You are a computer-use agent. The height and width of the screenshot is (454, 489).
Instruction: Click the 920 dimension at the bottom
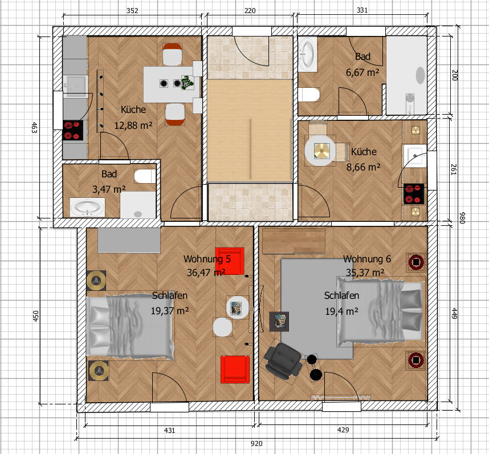[x=256, y=444]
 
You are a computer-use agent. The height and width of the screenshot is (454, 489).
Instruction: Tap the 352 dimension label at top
[x=132, y=11]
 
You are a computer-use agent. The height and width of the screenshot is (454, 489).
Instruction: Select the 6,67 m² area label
[x=362, y=72]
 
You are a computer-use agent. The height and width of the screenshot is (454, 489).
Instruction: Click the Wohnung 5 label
[x=207, y=259]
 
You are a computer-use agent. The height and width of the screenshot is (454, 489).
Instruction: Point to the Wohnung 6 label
[x=367, y=259]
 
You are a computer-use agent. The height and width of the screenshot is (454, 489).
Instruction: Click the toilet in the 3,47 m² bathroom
[x=145, y=176]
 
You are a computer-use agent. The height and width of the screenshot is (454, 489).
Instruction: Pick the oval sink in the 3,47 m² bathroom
[x=87, y=207]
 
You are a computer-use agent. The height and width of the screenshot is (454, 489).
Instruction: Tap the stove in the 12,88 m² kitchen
[x=74, y=130]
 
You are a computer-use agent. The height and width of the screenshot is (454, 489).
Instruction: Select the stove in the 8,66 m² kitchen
[x=414, y=194]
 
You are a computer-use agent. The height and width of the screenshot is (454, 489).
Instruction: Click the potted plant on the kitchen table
[x=187, y=83]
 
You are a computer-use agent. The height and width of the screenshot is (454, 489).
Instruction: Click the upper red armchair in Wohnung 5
[x=230, y=261]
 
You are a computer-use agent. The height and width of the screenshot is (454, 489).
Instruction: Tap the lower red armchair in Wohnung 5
[x=235, y=370]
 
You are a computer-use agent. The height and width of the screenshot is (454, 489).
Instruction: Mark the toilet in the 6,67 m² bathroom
[x=309, y=95]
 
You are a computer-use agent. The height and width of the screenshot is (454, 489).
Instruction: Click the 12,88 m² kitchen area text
[x=133, y=125]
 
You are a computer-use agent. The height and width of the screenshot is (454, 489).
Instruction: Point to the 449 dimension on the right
[x=454, y=313]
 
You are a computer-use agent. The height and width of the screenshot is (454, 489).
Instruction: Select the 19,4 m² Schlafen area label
[x=341, y=311]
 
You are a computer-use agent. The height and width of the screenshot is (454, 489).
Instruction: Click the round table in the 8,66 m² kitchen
[x=320, y=151]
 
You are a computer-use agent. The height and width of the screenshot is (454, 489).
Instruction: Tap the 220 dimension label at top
[x=250, y=11]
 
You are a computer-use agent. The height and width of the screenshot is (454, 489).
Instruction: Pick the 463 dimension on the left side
[x=35, y=128]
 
